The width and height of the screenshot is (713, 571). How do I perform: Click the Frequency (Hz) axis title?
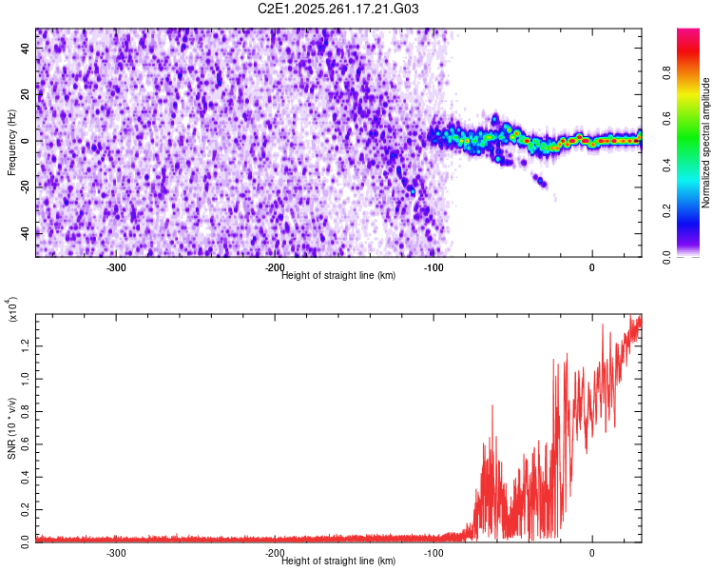pyautogui.click(x=11, y=142)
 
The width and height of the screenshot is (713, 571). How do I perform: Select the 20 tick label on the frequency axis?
pyautogui.click(x=25, y=95)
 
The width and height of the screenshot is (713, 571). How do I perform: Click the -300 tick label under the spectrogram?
pyautogui.click(x=116, y=267)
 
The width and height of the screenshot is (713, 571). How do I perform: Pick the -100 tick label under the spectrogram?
pyautogui.click(x=433, y=267)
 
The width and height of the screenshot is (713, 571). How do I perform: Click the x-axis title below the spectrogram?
pyautogui.click(x=338, y=276)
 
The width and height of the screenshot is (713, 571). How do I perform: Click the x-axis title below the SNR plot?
pyautogui.click(x=338, y=561)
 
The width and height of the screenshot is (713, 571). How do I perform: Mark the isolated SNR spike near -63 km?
pyautogui.click(x=491, y=407)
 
